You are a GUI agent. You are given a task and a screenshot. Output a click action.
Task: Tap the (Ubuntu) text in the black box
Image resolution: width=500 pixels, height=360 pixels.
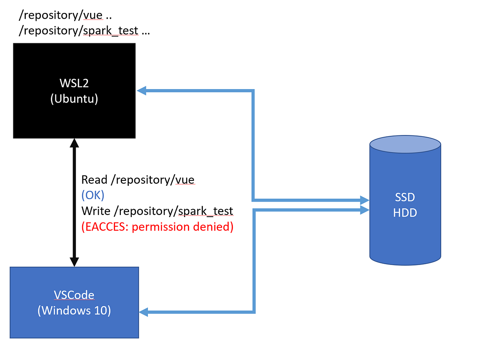coord(74,99)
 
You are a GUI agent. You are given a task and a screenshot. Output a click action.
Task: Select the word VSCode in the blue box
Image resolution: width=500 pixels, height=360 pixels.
coord(74,295)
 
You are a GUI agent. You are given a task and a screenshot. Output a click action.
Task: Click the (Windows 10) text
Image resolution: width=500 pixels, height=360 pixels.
coord(74,311)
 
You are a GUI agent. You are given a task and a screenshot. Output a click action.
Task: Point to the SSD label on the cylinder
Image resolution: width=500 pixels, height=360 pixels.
coord(405,197)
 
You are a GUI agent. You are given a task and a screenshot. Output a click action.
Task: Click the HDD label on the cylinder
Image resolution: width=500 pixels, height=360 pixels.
coord(405,213)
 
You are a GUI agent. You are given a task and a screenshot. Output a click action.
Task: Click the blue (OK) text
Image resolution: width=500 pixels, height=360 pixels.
coord(93,195)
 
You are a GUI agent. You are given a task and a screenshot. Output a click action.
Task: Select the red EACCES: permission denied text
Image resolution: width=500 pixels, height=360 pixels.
coord(157,227)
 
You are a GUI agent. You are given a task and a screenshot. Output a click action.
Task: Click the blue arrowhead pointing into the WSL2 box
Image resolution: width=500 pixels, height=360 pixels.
coord(142,90)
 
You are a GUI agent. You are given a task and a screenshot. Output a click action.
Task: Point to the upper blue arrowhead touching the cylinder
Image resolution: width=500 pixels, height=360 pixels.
coord(365,199)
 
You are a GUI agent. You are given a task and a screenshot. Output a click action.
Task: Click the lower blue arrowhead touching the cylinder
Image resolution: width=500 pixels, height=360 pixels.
coord(365,210)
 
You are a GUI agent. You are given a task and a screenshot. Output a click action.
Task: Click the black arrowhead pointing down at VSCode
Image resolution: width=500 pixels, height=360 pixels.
coord(74,261)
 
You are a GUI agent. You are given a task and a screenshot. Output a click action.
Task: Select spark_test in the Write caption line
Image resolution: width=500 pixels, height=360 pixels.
coord(205,211)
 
